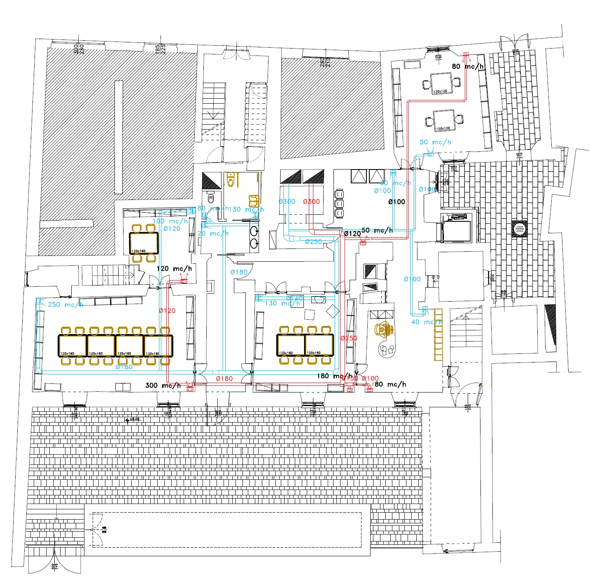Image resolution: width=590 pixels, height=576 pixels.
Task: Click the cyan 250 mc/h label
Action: [65, 305]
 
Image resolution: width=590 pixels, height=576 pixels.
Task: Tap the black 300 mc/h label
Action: [163, 386]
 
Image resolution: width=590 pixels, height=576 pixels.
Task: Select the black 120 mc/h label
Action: [174, 269]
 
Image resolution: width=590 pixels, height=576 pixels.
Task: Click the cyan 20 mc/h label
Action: [213, 234]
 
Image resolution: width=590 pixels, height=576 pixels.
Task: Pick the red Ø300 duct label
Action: [311, 202]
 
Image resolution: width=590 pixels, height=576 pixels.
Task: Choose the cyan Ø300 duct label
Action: [287, 202]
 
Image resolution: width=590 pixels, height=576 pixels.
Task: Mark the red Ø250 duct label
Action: [349, 338]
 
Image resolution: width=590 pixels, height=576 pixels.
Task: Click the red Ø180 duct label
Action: [224, 379]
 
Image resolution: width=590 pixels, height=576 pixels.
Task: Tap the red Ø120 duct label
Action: [167, 311]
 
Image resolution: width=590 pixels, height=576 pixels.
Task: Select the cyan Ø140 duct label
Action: [294, 298]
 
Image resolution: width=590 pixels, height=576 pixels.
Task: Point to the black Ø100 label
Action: [396, 202]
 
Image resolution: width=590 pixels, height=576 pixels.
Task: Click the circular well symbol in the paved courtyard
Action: [519, 228]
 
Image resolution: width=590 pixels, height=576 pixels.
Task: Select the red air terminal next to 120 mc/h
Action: [184, 281]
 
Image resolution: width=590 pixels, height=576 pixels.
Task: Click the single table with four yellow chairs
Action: [144, 243]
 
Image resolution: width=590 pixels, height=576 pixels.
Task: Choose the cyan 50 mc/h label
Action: [435, 142]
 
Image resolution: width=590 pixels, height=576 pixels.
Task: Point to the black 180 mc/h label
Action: [334, 376]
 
